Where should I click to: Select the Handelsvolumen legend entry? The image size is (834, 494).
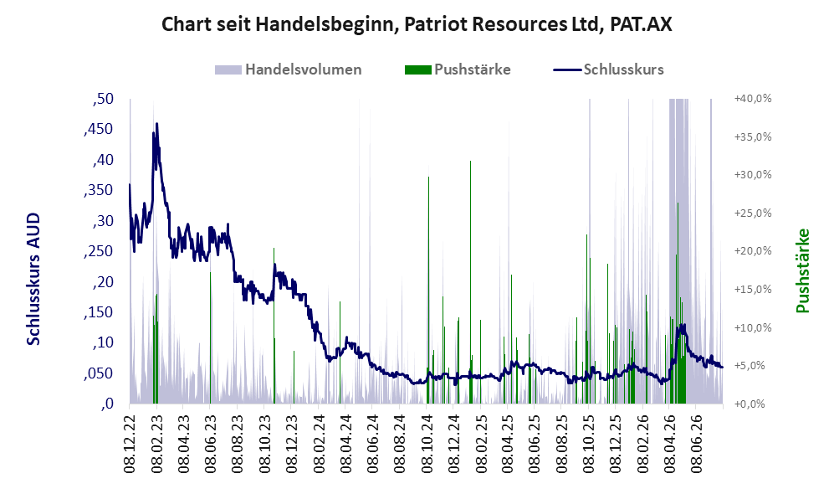point(289,69)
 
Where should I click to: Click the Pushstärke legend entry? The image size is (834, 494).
point(458,69)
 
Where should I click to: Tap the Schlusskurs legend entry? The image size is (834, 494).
point(608,69)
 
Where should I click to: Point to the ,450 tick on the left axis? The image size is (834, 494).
point(99,129)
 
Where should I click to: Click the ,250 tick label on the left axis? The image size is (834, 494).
point(99,251)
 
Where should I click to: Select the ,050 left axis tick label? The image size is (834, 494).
point(99,373)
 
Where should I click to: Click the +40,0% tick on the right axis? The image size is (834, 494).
point(753,99)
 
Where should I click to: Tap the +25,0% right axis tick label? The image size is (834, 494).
point(753,213)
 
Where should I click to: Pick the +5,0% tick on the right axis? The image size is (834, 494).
point(753,366)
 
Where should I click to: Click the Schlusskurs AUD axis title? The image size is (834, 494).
point(33,279)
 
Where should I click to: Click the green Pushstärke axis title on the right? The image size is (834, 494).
point(802,271)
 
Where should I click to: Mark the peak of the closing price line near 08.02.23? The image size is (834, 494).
point(157,124)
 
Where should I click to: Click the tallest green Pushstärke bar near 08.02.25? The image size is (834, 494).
point(470,282)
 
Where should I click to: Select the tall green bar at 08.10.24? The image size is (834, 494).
point(428,290)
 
